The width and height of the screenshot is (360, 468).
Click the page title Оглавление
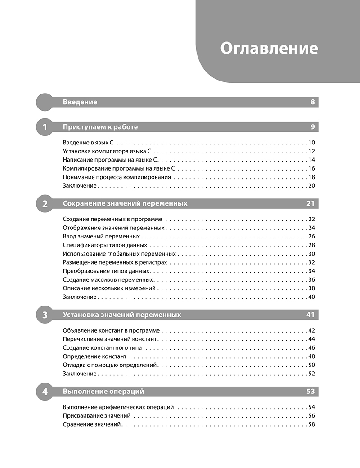(269, 48)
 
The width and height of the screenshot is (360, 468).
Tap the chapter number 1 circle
(44, 127)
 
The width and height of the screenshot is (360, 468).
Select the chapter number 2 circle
(44, 204)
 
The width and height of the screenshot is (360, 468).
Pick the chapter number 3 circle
(44, 315)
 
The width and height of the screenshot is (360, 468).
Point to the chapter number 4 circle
(44, 391)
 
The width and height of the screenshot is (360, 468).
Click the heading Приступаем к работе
(100, 127)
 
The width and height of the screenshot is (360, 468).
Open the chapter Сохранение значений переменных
(125, 204)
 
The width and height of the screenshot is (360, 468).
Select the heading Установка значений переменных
(122, 315)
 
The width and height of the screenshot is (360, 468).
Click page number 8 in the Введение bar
(312, 102)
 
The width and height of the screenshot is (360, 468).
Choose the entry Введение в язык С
(88, 143)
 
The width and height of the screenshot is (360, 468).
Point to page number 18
(311, 177)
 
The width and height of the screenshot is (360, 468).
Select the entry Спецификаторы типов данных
(105, 245)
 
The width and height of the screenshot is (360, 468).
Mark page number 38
(311, 288)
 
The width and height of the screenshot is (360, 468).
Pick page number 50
(311, 365)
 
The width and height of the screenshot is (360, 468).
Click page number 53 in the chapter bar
(310, 391)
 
